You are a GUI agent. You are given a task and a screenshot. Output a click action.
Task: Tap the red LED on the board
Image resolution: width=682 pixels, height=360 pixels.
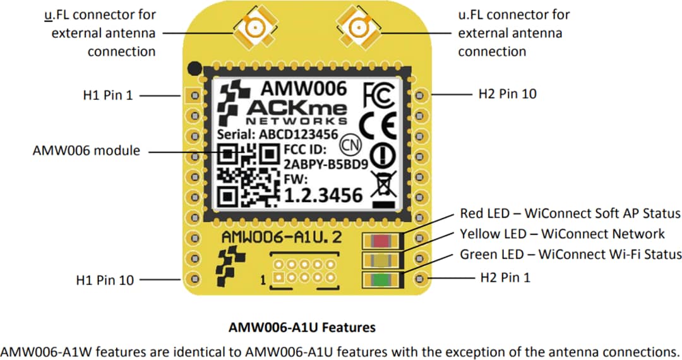point(381,241)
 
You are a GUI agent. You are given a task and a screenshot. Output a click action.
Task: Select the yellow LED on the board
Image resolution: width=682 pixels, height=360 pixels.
point(381,260)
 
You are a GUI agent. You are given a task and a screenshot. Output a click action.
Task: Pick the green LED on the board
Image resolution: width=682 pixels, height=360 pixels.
point(381,279)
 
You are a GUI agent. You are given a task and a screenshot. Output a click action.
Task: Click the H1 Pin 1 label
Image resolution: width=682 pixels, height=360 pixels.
point(108,95)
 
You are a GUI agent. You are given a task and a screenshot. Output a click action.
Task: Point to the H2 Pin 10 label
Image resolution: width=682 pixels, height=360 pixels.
point(508,94)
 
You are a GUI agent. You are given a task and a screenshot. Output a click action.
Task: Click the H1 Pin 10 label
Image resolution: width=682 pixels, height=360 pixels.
point(105,280)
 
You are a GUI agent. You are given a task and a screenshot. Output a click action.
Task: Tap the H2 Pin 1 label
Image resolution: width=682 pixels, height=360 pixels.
point(505,277)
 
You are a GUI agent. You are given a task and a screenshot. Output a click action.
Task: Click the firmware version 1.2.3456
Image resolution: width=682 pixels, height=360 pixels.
point(325,195)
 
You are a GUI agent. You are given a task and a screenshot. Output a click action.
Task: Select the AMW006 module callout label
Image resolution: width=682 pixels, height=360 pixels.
point(87,152)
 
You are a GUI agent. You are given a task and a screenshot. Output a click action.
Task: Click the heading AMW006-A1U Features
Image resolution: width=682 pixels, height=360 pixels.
point(302,328)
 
